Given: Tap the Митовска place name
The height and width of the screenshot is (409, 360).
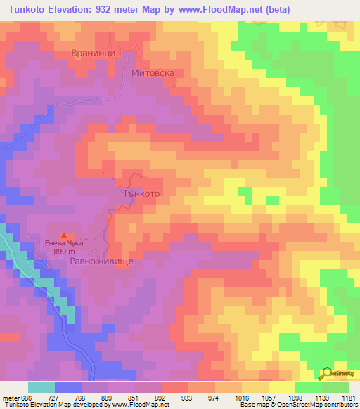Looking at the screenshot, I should (x=153, y=72).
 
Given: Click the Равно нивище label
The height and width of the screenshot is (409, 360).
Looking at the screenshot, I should (x=101, y=260).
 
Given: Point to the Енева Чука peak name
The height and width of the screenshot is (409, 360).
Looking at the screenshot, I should (x=64, y=243).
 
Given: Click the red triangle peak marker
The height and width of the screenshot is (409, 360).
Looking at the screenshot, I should (x=65, y=235).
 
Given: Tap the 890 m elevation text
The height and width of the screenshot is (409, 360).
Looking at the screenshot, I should (x=64, y=252).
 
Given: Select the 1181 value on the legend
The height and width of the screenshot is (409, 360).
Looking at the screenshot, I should (x=349, y=397).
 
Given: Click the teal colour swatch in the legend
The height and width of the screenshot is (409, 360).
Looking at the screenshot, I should (x=41, y=387).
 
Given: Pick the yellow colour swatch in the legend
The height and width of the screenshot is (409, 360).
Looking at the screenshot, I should (x=282, y=387).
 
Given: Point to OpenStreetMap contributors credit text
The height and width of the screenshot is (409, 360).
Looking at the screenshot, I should (x=316, y=405).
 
